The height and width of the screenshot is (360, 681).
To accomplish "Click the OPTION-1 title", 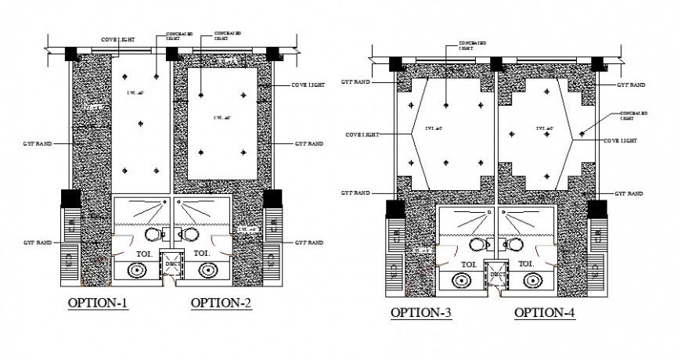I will [x=98, y=303].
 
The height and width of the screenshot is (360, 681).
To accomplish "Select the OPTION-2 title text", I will [x=222, y=303].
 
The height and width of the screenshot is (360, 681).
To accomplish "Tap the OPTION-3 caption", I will [x=421, y=313].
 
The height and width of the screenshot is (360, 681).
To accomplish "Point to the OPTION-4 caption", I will [x=545, y=313].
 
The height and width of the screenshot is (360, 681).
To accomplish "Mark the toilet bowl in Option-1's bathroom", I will [x=153, y=235].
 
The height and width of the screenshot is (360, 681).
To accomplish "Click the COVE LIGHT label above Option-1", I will [x=117, y=39].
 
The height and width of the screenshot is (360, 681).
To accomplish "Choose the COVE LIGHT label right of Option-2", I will [x=308, y=84].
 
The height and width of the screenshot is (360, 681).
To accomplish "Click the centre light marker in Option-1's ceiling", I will [x=141, y=123].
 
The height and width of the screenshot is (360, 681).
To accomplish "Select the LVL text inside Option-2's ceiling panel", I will [x=222, y=118].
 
